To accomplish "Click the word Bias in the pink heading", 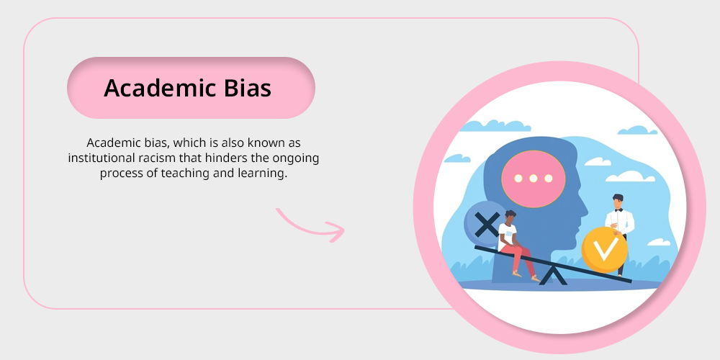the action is [248, 88].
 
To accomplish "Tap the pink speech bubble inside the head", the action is [533, 179].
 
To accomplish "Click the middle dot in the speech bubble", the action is [533, 178].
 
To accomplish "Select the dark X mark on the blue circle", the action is [487, 225].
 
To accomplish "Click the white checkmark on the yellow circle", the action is [606, 250].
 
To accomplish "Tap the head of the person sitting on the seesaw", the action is [510, 216].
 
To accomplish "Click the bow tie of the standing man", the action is [618, 210].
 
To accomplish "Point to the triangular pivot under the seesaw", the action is [553, 276].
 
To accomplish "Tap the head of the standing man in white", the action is [618, 201].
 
